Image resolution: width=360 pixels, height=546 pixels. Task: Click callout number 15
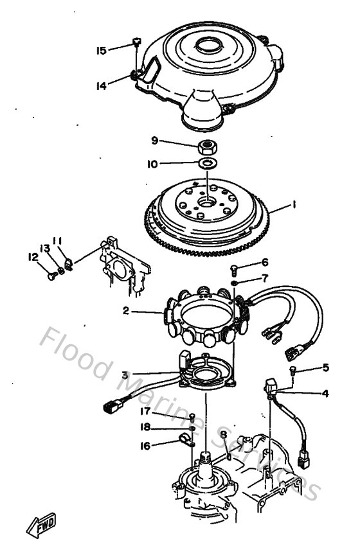102,49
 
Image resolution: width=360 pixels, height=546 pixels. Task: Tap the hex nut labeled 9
207,145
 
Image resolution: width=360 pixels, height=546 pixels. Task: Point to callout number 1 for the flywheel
293,205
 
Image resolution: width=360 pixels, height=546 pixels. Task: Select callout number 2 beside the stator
127,311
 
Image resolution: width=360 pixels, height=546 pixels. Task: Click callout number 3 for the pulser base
125,374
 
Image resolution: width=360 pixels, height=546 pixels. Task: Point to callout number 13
45,248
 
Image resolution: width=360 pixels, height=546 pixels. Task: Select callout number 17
145,411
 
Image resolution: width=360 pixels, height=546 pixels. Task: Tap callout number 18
145,427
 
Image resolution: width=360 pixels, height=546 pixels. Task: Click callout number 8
223,435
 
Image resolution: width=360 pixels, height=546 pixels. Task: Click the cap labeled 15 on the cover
136,43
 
